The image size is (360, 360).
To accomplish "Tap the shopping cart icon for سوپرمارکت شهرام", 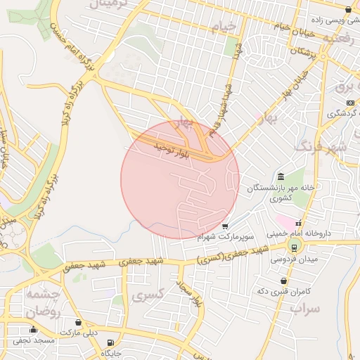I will click(x=224, y=226).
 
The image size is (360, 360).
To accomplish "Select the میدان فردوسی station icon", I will click(x=292, y=246).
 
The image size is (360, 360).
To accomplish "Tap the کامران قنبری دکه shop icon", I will click(x=283, y=281).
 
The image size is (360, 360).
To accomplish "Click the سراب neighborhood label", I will click(x=305, y=308).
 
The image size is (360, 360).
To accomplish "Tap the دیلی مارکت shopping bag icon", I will click(x=78, y=323).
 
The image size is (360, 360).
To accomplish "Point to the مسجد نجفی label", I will click(x=33, y=340).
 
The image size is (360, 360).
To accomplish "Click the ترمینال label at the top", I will click(x=108, y=6).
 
